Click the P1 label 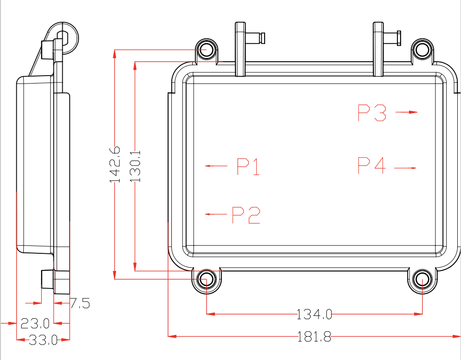point(248,167)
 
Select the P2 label point(246,215)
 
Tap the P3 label point(372,113)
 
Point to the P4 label point(372,166)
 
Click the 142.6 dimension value point(115,165)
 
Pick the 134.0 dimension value point(315,315)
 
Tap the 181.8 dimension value point(314,336)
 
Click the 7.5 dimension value point(80,304)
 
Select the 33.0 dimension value point(43,340)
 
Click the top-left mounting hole point(206,49)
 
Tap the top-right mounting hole point(422,49)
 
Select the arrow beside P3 point(406,112)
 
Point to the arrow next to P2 point(216,214)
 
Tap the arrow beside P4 point(405,167)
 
